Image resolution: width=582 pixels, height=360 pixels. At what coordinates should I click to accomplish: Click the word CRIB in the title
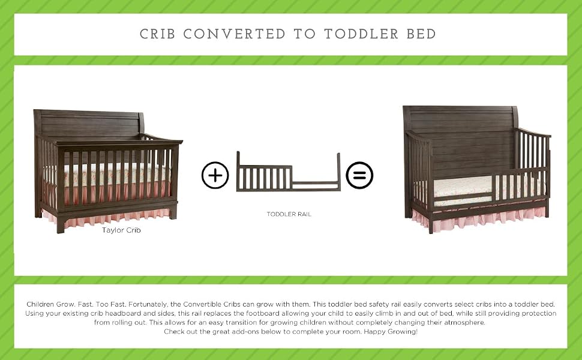click(x=157, y=34)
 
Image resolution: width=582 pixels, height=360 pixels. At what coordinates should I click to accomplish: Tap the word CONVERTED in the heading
click(x=234, y=34)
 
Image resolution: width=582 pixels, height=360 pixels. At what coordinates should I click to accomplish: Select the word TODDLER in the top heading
click(x=361, y=34)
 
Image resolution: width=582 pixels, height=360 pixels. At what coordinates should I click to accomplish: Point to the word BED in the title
click(x=421, y=34)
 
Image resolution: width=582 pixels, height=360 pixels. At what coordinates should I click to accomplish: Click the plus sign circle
click(x=215, y=175)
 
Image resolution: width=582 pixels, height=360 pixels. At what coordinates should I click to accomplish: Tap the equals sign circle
click(x=359, y=175)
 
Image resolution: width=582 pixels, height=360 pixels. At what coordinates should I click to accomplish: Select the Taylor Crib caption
click(x=121, y=230)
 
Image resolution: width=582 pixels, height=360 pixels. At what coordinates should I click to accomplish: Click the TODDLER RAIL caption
click(x=289, y=214)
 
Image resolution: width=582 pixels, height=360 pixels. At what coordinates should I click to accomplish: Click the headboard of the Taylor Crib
click(x=89, y=124)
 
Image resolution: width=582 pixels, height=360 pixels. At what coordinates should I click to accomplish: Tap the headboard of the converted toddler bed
click(x=460, y=141)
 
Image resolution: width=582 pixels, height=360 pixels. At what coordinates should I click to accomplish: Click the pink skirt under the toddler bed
click(x=479, y=219)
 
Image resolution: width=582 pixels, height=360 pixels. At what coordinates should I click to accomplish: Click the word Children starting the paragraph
click(x=40, y=304)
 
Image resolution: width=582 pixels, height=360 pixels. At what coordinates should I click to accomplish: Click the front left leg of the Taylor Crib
click(x=61, y=224)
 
